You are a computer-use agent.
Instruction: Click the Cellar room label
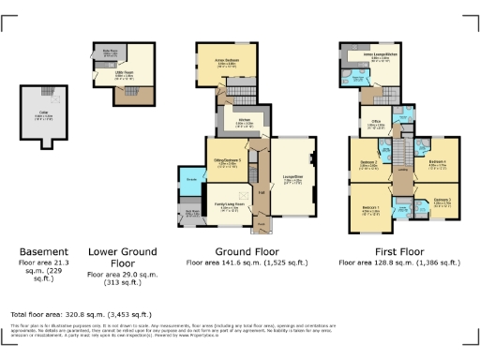(x=43, y=115)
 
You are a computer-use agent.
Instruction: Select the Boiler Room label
(x=109, y=52)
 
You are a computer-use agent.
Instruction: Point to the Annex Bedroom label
(x=214, y=63)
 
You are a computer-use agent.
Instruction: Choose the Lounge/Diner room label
(x=291, y=179)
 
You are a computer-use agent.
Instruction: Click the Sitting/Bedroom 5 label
(x=226, y=161)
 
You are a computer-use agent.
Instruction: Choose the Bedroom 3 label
(x=442, y=201)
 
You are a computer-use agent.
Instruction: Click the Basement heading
(x=43, y=251)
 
